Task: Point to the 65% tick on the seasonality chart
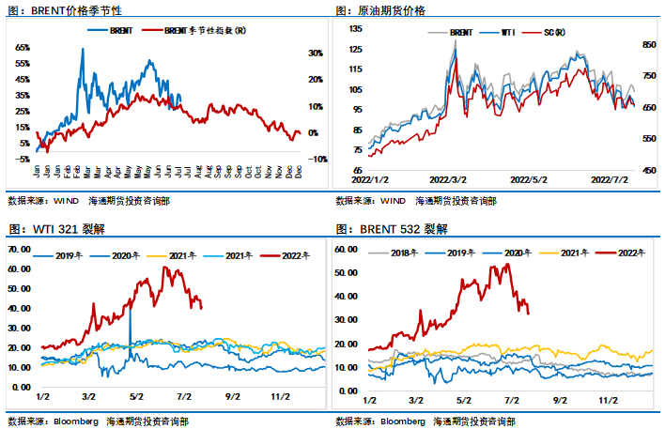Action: [x=23, y=47]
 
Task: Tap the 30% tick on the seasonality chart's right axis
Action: [x=316, y=53]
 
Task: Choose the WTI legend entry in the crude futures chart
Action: [x=508, y=33]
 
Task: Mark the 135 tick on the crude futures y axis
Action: [x=355, y=29]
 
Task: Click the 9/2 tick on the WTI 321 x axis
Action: [x=233, y=398]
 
